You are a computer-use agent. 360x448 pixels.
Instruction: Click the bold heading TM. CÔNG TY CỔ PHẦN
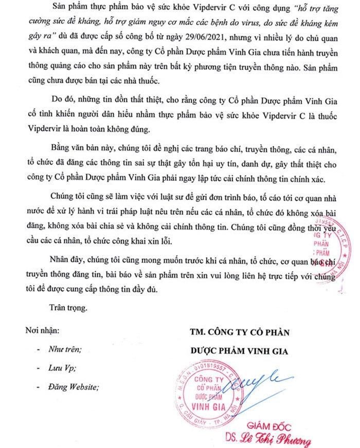(239, 332)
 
